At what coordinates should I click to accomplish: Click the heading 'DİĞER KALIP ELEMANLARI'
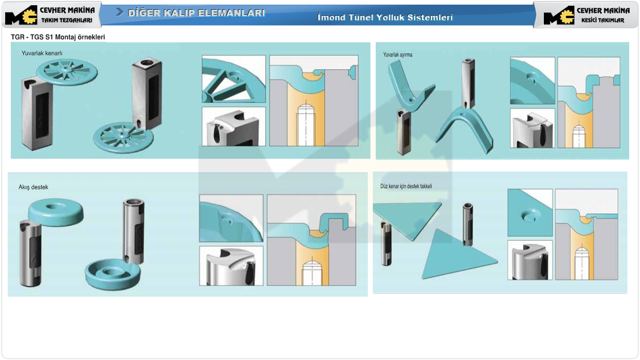[196, 13]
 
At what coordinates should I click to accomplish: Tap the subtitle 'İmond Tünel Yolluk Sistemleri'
[385, 17]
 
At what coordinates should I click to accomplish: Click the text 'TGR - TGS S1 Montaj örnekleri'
[58, 37]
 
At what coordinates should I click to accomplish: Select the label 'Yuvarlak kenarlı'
[42, 53]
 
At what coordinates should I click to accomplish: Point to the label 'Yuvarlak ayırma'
[397, 55]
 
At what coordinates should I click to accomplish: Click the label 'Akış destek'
[33, 187]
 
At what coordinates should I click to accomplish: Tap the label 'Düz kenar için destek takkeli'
[406, 186]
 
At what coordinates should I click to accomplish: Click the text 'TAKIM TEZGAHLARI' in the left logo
[67, 20]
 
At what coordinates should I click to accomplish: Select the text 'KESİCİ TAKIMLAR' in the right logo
[602, 20]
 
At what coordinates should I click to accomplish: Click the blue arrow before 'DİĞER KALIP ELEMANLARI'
[120, 12]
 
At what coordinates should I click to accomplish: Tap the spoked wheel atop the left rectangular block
[67, 72]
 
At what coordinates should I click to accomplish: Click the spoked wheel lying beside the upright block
[123, 137]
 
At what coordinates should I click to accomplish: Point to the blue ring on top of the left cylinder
[56, 211]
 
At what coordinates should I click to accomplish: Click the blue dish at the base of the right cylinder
[113, 274]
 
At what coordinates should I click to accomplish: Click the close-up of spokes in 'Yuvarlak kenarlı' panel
[233, 79]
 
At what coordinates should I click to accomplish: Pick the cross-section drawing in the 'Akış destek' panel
[312, 240]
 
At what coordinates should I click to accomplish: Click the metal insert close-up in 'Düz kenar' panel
[530, 260]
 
